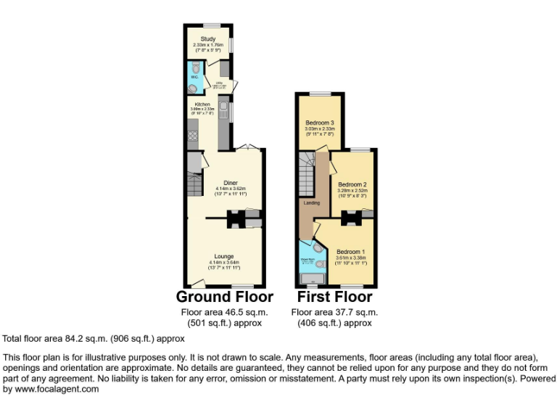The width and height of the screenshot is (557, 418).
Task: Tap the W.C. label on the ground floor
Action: (194, 76)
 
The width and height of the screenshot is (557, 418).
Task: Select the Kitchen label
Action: (202, 104)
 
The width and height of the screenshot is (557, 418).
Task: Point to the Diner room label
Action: (231, 182)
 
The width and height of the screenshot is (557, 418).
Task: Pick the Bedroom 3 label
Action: (319, 123)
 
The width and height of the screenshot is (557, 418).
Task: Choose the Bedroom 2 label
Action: (353, 184)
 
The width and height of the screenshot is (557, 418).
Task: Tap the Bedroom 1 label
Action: (350, 252)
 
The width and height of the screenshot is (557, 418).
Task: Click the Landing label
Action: (312, 202)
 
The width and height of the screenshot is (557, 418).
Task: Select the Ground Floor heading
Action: (225, 297)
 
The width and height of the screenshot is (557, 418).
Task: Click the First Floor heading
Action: (334, 297)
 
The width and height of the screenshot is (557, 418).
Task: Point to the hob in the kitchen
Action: (194, 134)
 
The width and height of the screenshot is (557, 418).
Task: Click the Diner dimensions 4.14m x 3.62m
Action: (231, 189)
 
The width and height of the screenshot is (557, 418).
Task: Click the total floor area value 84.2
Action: (77, 338)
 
